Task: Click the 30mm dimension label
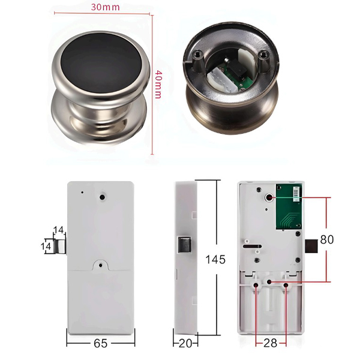106,7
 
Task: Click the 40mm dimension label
158,84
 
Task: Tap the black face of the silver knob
101,62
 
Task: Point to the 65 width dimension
101,343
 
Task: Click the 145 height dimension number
215,260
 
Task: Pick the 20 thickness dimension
185,343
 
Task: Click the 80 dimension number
327,239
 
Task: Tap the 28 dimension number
270,343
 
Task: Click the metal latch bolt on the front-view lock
60,247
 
